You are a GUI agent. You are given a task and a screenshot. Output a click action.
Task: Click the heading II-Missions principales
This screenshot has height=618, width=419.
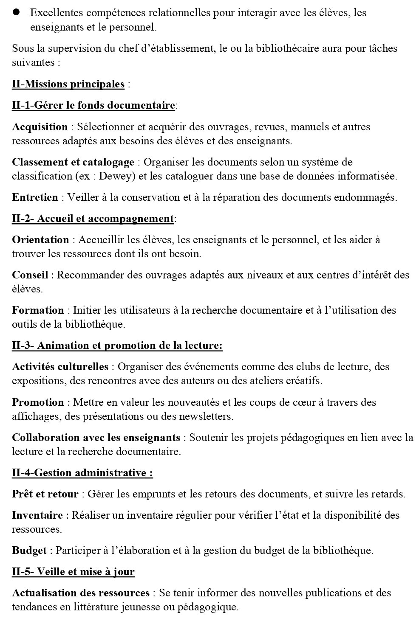click(68, 84)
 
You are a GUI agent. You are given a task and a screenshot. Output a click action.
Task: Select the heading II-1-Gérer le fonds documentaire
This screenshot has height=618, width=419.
click(93, 105)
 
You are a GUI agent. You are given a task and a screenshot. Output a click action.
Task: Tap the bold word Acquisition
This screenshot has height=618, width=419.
click(40, 127)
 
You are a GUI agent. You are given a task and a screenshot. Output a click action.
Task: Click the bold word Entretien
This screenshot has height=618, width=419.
click(35, 197)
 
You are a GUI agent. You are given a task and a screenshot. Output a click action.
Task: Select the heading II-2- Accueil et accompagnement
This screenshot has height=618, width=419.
click(93, 219)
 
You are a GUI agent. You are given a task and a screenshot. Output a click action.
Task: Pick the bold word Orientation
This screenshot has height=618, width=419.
click(40, 240)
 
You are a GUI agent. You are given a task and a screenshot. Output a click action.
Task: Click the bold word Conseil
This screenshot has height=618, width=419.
click(30, 275)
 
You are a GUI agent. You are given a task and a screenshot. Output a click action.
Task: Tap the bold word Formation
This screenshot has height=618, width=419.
click(38, 310)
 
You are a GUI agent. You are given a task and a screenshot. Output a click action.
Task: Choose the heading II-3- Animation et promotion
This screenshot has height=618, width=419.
click(117, 346)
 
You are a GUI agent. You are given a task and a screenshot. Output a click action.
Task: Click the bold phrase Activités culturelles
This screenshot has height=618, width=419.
click(60, 367)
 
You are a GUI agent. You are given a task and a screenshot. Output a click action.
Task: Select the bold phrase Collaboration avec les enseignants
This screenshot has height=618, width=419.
click(96, 438)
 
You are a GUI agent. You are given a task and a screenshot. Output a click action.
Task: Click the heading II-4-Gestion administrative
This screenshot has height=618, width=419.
click(82, 473)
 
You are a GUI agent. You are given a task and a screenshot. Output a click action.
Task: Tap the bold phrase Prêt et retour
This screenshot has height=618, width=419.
click(45, 494)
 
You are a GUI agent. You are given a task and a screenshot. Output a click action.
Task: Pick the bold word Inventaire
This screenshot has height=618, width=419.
click(37, 515)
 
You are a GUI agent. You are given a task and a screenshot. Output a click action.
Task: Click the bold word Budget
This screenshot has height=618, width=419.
click(29, 551)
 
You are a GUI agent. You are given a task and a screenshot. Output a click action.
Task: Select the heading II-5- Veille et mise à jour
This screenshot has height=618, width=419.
click(73, 572)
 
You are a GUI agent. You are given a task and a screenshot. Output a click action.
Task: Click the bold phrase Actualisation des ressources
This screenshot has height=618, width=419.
click(81, 593)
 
